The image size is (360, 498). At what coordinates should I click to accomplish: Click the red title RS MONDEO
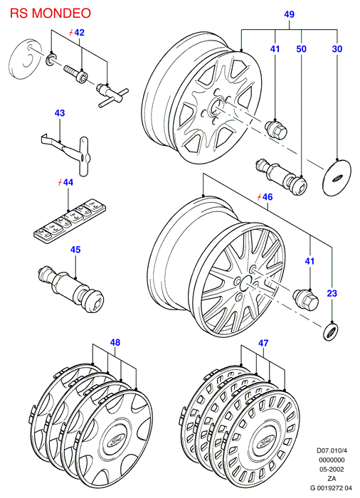pos(51,13)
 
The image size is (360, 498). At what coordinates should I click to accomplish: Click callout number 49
pos(289,14)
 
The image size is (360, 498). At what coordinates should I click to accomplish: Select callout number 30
pos(337,49)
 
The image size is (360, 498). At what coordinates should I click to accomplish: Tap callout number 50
pos(301,49)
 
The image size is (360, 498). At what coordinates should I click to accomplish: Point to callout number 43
pos(60,113)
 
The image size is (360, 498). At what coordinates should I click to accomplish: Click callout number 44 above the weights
pos(68,182)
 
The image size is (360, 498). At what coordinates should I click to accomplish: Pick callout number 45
pos(75,250)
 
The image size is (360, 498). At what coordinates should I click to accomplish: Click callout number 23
pos(332,293)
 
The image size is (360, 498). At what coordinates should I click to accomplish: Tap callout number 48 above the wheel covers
pos(115,342)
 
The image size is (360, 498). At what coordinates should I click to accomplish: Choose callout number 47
pos(263,343)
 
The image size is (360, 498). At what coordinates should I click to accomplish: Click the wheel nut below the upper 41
pos(275,129)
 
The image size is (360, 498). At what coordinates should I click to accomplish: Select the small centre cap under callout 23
pos(331,332)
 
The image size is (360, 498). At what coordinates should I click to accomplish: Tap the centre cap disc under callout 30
pos(337,177)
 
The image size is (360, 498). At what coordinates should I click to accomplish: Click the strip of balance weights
pos(70,221)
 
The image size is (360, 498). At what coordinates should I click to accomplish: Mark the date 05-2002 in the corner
pos(332,469)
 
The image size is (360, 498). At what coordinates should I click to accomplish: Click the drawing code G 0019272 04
pos(331,488)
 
